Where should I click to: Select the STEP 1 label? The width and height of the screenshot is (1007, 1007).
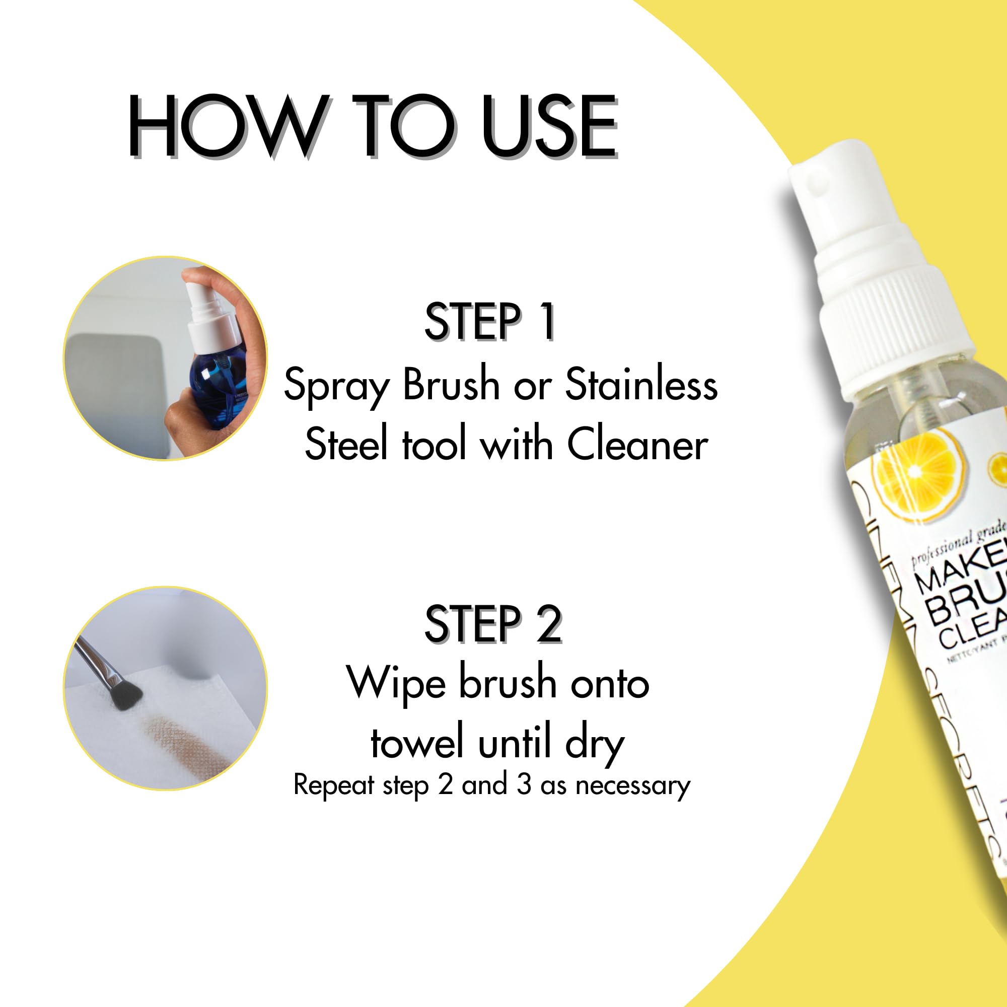pyautogui.click(x=490, y=322)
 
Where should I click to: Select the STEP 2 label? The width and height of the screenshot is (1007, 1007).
pyautogui.click(x=492, y=624)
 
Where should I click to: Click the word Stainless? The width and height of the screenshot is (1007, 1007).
pyautogui.click(x=641, y=385)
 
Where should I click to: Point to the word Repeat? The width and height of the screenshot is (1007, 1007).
pyautogui.click(x=334, y=785)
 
